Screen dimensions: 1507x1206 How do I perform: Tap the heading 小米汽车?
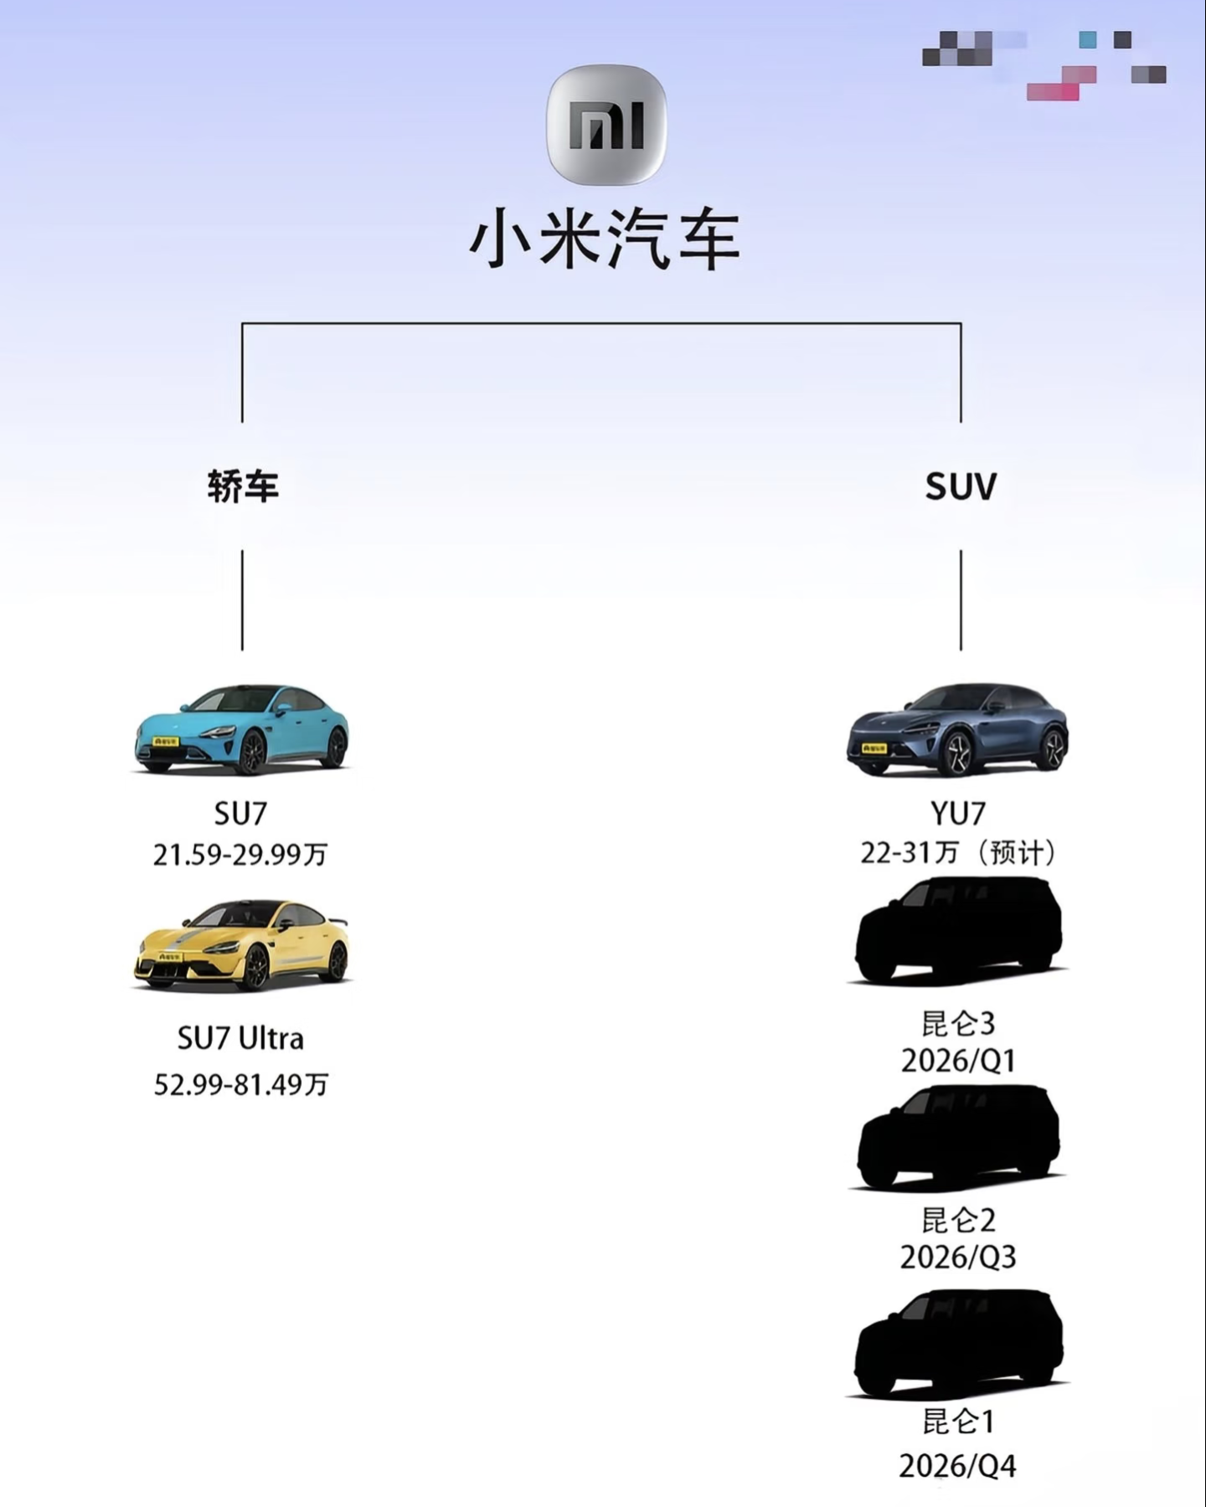pyautogui.click(x=605, y=239)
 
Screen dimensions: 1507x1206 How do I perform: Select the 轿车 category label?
pyautogui.click(x=243, y=486)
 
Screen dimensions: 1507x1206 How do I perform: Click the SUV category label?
pyautogui.click(x=961, y=486)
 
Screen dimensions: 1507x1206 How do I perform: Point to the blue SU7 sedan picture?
pyautogui.click(x=241, y=728)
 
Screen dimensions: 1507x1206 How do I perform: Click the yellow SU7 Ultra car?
pyautogui.click(x=241, y=944)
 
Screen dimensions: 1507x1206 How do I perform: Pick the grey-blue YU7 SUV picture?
pyautogui.click(x=958, y=728)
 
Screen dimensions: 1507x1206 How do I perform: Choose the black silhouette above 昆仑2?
pyautogui.click(x=958, y=1137)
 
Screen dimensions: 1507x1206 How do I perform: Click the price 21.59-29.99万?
pyautogui.click(x=240, y=855)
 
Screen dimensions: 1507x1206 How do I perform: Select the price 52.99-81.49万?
pyautogui.click(x=241, y=1085)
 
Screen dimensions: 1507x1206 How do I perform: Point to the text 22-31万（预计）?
pyautogui.click(x=958, y=853)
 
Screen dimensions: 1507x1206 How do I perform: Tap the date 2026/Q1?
pyautogui.click(x=958, y=1062)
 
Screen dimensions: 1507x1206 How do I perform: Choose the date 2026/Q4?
pyautogui.click(x=958, y=1466)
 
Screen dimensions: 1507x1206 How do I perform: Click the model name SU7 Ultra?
pyautogui.click(x=240, y=1039)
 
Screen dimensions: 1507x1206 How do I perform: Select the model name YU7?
pyautogui.click(x=958, y=813)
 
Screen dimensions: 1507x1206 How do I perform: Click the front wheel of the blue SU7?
pyautogui.click(x=251, y=752)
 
